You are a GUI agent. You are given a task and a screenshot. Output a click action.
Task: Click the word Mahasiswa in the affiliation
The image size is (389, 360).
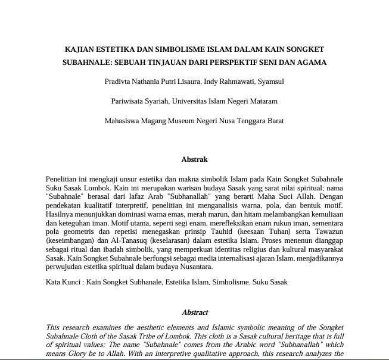coord(121,121)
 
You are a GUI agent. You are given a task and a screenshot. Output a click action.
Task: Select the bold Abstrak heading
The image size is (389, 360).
coord(194,159)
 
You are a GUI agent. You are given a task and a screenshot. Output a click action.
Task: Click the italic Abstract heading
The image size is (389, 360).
coord(195,312)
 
